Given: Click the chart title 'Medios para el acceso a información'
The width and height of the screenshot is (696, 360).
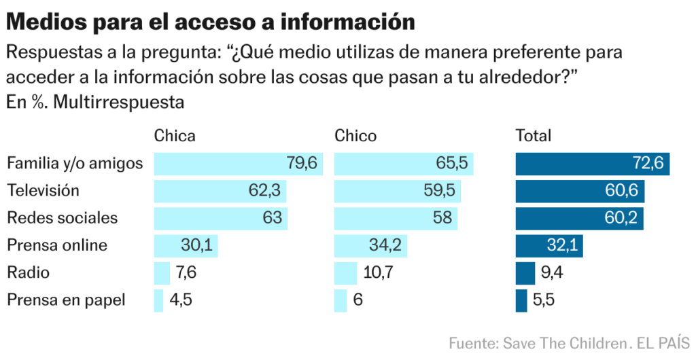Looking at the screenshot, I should (x=211, y=22).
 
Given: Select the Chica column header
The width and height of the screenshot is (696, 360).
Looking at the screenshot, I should (x=175, y=136).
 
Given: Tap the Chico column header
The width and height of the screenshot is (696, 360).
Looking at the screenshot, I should (x=355, y=136).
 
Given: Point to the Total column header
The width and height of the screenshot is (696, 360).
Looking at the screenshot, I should (x=534, y=136).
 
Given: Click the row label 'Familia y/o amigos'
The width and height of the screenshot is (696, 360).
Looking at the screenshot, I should (x=75, y=164).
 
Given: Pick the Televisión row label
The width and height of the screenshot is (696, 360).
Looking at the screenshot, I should (x=43, y=191).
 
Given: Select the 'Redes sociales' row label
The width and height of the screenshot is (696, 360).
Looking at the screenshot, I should (x=62, y=218).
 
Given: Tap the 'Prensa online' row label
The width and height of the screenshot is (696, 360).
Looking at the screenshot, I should (x=57, y=245).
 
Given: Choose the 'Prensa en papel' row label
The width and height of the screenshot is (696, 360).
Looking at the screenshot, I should (x=66, y=300).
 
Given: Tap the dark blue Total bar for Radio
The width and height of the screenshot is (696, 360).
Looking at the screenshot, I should (x=525, y=272).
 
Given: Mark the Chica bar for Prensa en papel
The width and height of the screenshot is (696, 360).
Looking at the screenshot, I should (x=159, y=300).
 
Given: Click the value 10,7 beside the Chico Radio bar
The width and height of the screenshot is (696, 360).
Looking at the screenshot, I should (x=377, y=272).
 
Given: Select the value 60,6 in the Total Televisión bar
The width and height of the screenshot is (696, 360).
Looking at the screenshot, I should (x=621, y=191).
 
